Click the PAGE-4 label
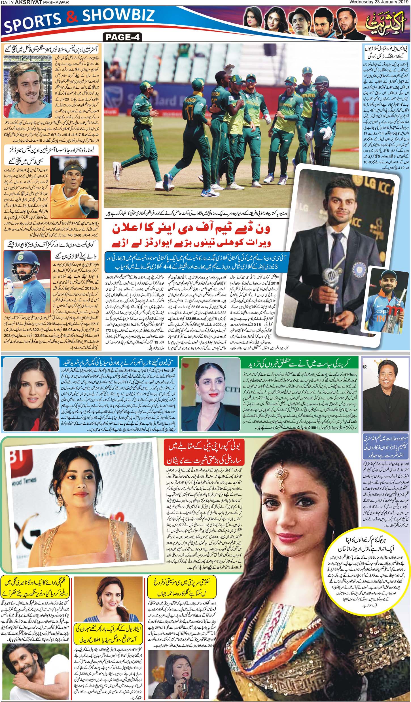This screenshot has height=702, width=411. (122, 37)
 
